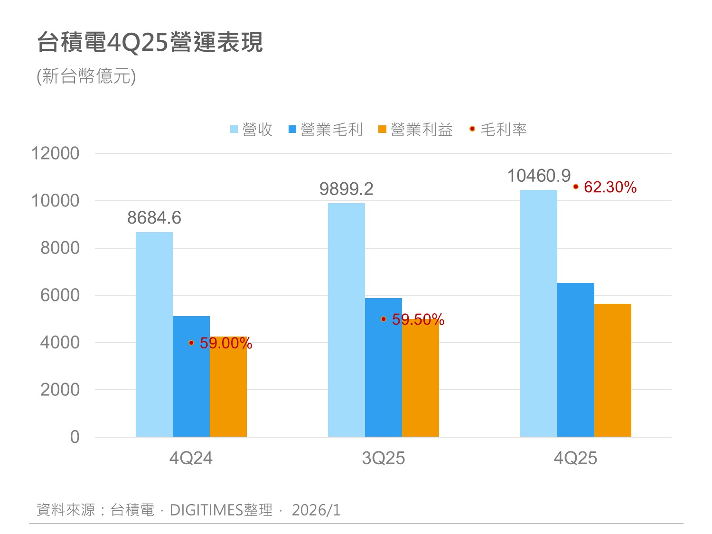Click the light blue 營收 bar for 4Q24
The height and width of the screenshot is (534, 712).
154,334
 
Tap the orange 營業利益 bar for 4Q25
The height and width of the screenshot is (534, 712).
613,370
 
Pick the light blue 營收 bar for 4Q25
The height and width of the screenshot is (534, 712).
539,313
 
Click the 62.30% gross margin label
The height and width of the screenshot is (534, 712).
610,187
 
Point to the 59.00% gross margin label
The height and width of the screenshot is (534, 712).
226,343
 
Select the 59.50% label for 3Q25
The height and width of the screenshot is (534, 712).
418,319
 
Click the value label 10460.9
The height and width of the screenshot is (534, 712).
539,176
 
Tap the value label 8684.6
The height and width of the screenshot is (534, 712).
154,218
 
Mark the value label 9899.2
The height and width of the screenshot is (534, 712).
347,189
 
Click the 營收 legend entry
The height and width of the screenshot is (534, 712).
252,129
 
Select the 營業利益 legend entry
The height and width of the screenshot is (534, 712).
416,129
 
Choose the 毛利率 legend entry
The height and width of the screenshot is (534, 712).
498,129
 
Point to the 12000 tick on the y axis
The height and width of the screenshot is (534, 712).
55,153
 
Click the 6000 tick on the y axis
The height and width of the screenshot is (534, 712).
60,295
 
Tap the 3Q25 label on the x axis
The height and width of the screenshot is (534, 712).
384,458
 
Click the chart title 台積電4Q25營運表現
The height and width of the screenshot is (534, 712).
150,43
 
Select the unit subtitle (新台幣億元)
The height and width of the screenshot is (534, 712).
86,76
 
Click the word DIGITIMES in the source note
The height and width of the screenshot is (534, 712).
206,510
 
